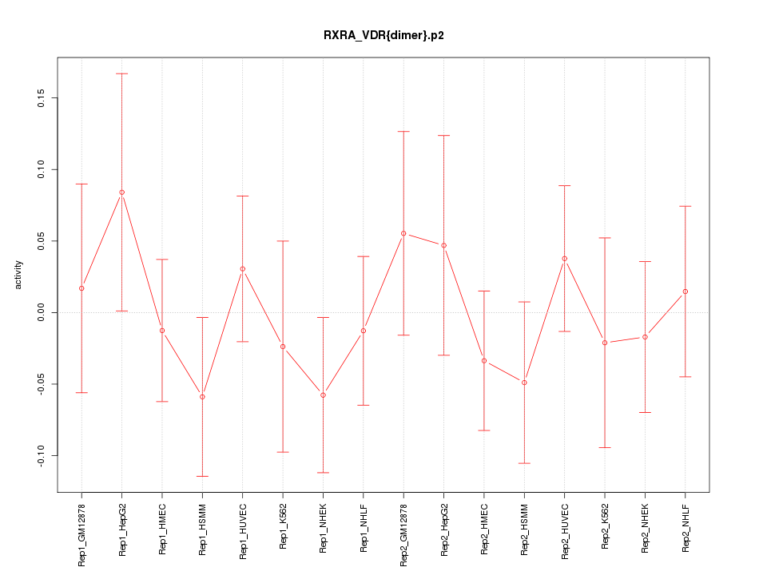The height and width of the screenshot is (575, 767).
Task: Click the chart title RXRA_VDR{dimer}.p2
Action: tap(383, 35)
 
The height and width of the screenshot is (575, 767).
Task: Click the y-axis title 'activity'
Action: tap(18, 275)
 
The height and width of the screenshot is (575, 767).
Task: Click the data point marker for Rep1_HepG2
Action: tap(122, 192)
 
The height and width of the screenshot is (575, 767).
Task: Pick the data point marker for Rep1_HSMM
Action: tap(202, 397)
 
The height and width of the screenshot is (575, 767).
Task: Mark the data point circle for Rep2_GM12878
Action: tap(403, 233)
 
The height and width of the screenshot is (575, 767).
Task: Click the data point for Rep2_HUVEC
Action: tap(565, 259)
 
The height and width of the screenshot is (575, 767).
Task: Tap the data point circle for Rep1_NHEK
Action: tap(323, 395)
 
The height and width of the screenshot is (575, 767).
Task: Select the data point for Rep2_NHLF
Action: tap(686, 291)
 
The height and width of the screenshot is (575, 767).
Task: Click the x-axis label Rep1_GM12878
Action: tap(82, 530)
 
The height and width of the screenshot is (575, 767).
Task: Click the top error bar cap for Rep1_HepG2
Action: tap(122, 73)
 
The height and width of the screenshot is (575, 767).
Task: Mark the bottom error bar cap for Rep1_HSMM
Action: tap(202, 476)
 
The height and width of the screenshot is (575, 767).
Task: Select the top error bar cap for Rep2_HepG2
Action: tap(444, 136)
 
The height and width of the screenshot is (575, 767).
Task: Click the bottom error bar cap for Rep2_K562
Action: tap(605, 447)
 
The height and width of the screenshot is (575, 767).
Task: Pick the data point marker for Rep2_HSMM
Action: tap(524, 383)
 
